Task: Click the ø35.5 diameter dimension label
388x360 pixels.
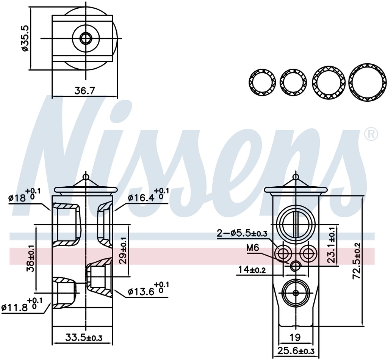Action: point(24,38)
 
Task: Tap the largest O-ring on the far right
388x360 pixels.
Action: point(366,82)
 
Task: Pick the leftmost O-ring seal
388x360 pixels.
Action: point(262,82)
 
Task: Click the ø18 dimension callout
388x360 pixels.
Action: point(23,198)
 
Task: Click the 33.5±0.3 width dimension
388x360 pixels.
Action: point(84,337)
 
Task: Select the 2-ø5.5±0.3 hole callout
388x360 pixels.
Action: point(242,234)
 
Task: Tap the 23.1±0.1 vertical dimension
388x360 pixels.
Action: point(332,245)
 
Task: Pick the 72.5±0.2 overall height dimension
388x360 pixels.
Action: point(357,261)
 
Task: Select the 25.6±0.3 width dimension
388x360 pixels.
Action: point(296,351)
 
